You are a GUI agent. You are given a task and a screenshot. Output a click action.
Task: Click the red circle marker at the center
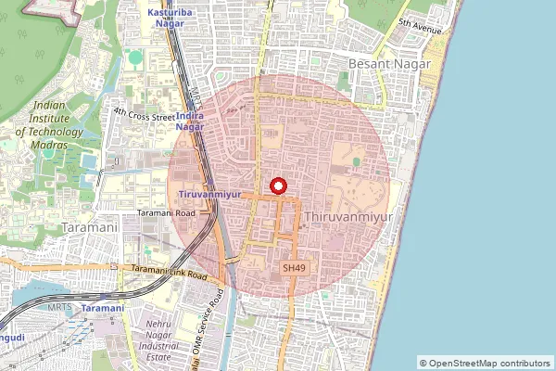tap(277, 185)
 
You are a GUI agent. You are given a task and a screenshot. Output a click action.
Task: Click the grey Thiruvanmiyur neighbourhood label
tap(347, 216)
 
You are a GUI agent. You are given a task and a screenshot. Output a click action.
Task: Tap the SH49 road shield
tap(294, 267)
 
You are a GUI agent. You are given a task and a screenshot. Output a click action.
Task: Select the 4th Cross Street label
tap(144, 115)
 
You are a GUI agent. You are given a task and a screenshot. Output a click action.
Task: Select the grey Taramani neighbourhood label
tap(88, 226)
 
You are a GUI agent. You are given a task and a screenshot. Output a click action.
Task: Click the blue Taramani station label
tap(102, 307)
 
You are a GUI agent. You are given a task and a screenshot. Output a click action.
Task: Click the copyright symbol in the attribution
tap(424, 363)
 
